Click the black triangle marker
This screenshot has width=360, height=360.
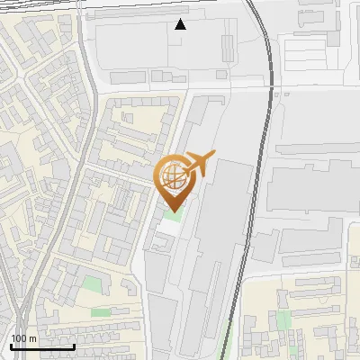[x=181, y=24]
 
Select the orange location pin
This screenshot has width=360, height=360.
[x=175, y=181]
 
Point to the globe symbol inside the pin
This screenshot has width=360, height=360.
[x=175, y=175]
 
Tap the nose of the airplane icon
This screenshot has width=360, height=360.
[x=213, y=154]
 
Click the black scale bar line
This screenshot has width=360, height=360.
[x=42, y=346]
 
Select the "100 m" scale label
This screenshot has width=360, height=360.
[x=23, y=338]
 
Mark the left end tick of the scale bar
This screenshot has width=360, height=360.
[x=10, y=345]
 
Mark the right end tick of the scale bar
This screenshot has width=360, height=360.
[x=75, y=345]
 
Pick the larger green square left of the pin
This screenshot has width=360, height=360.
[x=93, y=285]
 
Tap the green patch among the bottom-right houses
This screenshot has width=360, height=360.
[x=284, y=320]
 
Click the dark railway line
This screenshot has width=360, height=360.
[x=256, y=180]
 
